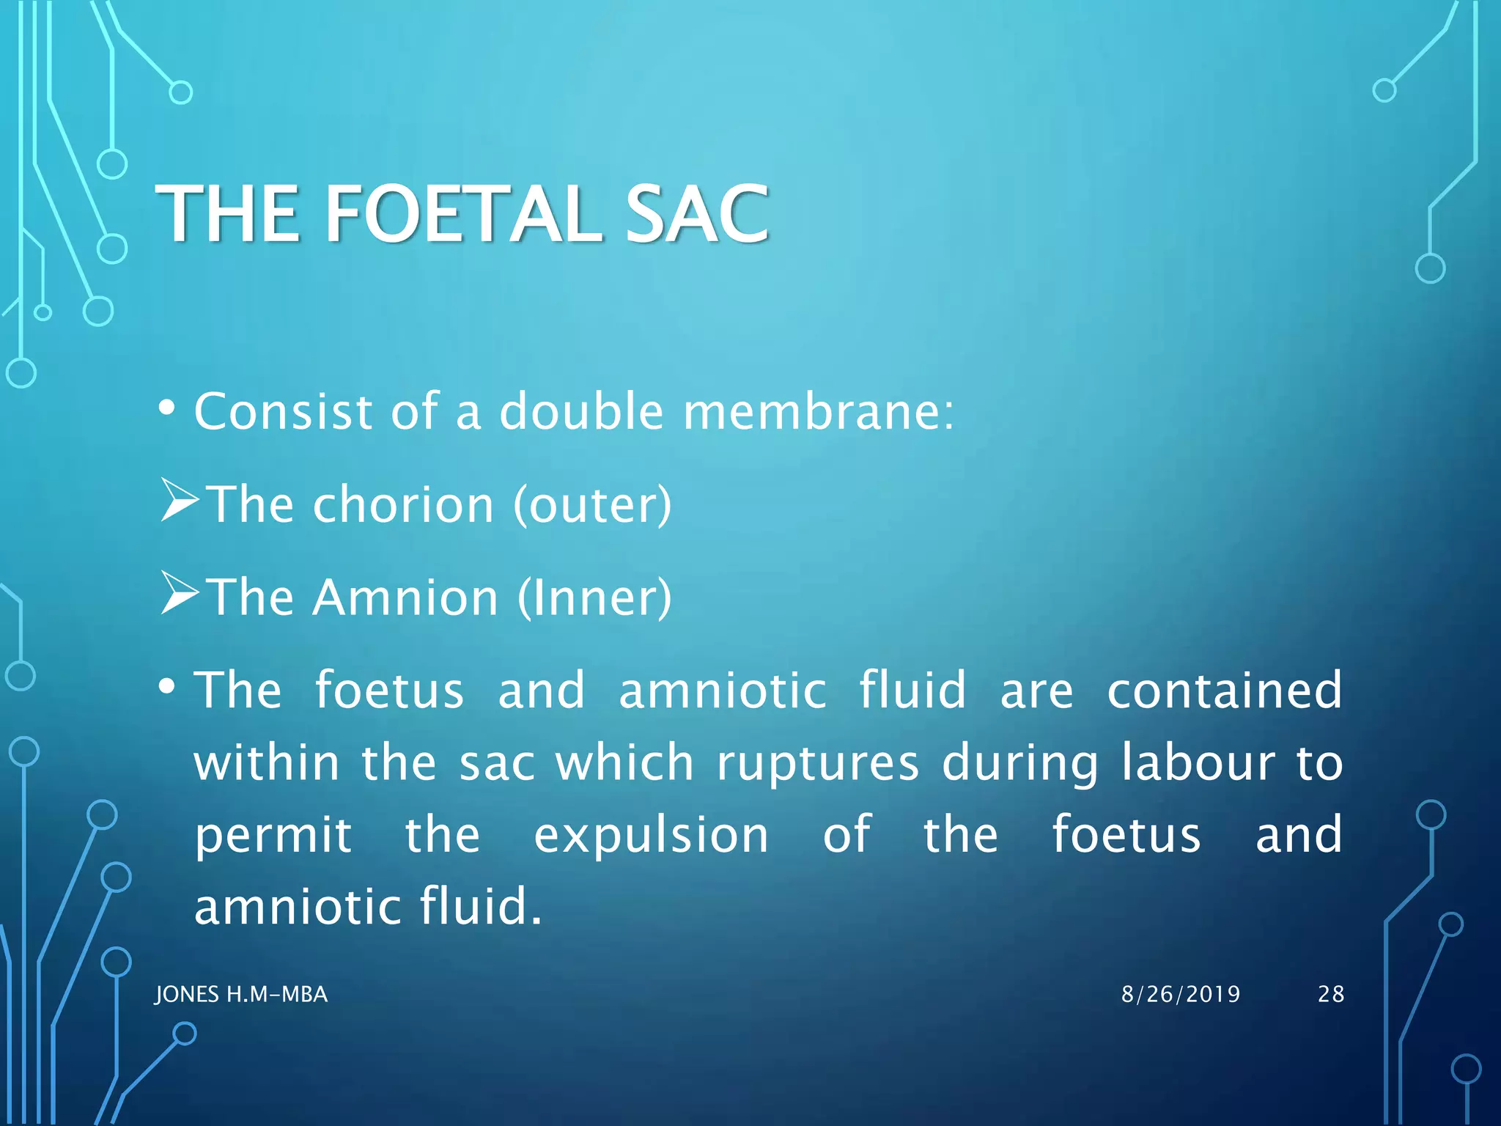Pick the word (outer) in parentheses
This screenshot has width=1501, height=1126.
click(x=591, y=505)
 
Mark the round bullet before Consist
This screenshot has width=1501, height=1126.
click(x=167, y=408)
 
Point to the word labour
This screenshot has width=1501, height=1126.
click(x=1198, y=763)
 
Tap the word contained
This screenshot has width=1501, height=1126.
click(x=1224, y=691)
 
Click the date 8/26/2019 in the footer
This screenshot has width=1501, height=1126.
click(x=1181, y=994)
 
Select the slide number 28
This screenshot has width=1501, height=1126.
click(x=1331, y=994)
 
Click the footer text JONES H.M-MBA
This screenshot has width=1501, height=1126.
click(x=241, y=994)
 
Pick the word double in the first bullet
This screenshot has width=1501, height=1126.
click(x=581, y=411)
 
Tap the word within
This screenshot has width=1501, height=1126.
click(x=267, y=763)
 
